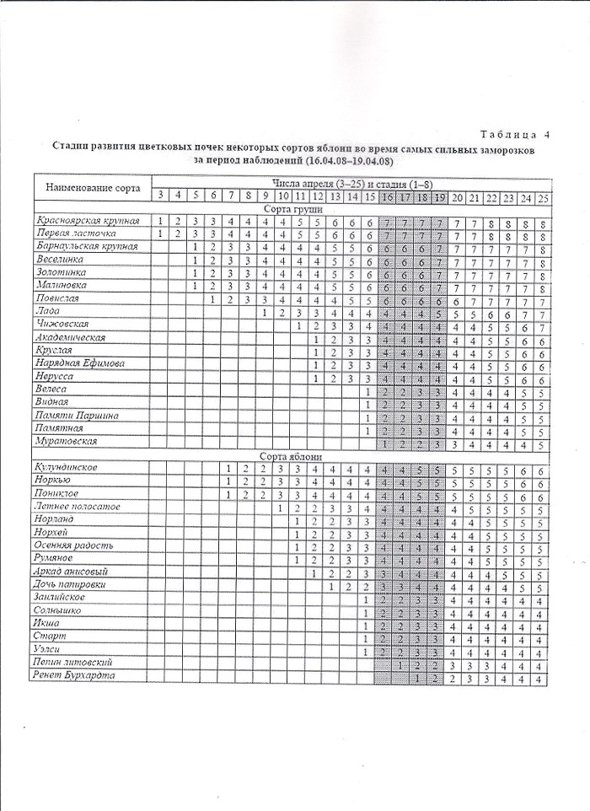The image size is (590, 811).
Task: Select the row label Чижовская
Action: coord(64,325)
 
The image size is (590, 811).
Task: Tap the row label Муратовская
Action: coord(67,441)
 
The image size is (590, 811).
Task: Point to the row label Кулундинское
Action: coord(67,467)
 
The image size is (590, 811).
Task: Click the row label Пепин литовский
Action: coord(75,663)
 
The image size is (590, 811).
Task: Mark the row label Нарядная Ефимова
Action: coord(80,363)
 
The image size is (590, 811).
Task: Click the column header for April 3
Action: coord(160,195)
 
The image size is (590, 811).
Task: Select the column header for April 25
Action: coord(542,197)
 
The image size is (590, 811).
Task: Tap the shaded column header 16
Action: coord(386,196)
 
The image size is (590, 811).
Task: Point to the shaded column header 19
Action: coord(438,197)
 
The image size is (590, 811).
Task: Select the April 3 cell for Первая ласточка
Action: coord(160,234)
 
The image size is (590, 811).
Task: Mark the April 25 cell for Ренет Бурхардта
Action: coord(542,678)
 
